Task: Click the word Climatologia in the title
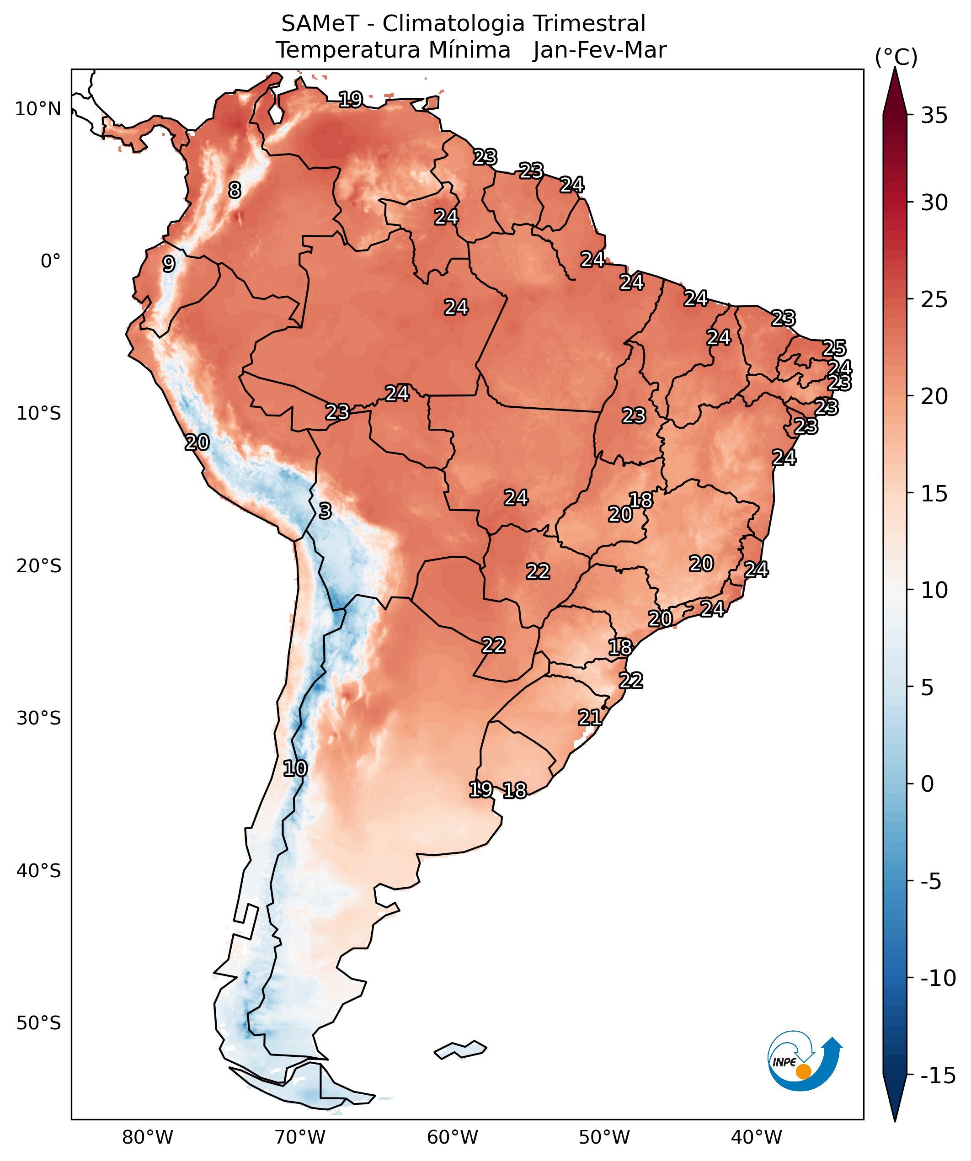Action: [x=453, y=24]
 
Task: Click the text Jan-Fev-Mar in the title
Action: [x=599, y=50]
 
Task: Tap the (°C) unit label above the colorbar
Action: [x=896, y=57]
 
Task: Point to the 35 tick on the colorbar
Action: [x=934, y=116]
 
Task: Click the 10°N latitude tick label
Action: [x=37, y=109]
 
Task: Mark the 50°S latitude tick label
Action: [x=38, y=1023]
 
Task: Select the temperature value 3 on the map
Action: [x=325, y=511]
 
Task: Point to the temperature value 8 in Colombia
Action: [x=235, y=190]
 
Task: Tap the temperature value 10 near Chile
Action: [x=295, y=768]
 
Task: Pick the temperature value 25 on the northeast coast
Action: [x=834, y=348]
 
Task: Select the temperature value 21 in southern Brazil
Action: [x=589, y=718]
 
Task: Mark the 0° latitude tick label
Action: [x=50, y=261]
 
